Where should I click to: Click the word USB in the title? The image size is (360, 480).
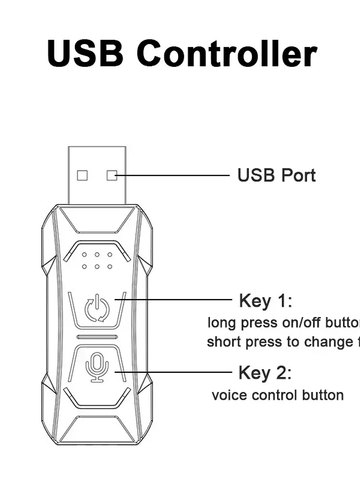point(85,53)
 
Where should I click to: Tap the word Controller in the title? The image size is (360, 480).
point(226,53)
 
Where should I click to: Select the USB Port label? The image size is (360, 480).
point(276,175)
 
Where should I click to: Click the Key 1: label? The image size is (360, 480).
point(266,300)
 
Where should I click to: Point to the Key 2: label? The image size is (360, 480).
point(265,373)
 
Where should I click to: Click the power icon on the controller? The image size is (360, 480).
point(97,308)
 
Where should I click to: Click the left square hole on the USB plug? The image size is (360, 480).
point(82,175)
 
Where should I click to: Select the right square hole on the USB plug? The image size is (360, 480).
point(112,175)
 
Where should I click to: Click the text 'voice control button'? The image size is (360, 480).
point(278,395)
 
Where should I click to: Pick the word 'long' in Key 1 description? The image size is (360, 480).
point(222,324)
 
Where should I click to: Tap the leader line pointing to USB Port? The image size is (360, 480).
point(175,175)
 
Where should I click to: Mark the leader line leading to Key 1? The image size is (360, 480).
point(175,299)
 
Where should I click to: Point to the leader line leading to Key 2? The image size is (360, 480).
point(175,372)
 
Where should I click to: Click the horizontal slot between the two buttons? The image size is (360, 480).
point(97,337)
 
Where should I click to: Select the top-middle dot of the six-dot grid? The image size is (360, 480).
point(97,254)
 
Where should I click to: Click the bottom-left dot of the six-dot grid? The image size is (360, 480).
point(84,266)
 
